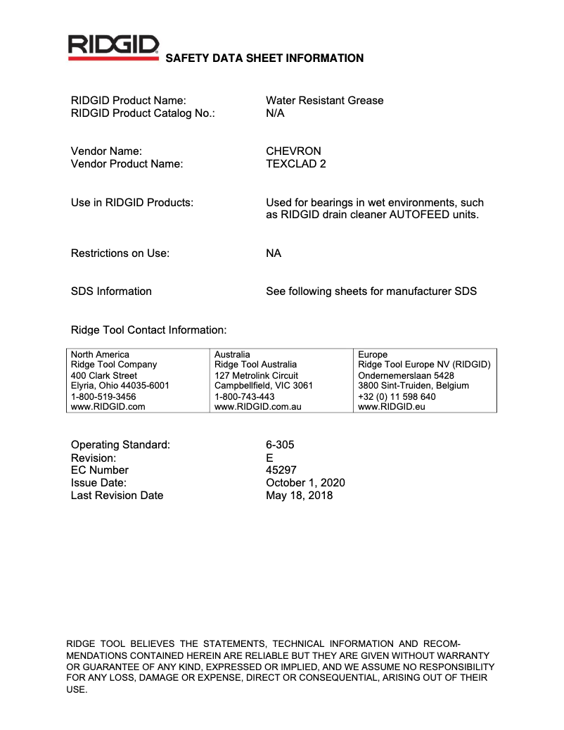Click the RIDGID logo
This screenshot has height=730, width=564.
point(113,48)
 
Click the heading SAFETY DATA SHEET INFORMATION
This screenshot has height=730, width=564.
point(264,58)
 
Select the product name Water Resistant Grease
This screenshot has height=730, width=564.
point(324,101)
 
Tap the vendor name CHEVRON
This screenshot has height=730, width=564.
point(293,151)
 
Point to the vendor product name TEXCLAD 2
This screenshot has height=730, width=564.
point(295,164)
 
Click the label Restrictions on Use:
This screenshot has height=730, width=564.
point(120,253)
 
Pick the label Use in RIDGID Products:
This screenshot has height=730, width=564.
point(132,203)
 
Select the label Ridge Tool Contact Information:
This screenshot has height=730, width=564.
point(149,329)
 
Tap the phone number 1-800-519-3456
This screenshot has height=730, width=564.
point(103,396)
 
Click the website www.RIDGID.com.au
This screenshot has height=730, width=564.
point(257,407)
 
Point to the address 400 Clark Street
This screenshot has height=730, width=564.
point(104,375)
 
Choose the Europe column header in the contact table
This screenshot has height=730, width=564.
point(373,354)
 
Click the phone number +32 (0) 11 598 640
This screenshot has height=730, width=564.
point(397,396)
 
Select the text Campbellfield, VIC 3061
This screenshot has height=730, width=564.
point(263,386)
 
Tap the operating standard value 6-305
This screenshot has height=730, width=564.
point(280,445)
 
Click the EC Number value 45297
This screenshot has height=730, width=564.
point(281,470)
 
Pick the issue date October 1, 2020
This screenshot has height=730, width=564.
point(305,483)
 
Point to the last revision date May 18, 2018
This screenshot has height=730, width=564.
point(299,496)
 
